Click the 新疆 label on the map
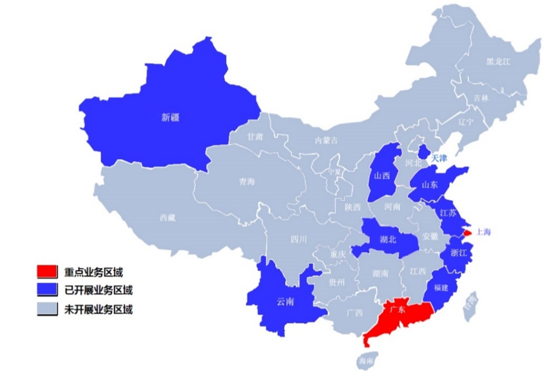pyautogui.click(x=170, y=117)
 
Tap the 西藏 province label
pyautogui.click(x=167, y=217)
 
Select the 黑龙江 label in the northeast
pyautogui.click(x=498, y=61)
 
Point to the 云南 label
pyautogui.click(x=285, y=302)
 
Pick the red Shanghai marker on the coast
pyautogui.click(x=466, y=233)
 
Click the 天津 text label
pyautogui.click(x=440, y=157)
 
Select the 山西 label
pyautogui.click(x=382, y=176)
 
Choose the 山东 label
pyautogui.click(x=429, y=184)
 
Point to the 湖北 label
pyautogui.click(x=388, y=240)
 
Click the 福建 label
pyautogui.click(x=441, y=288)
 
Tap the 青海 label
pyautogui.click(x=247, y=182)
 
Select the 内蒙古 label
pyautogui.click(x=326, y=141)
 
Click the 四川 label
pyautogui.click(x=298, y=239)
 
